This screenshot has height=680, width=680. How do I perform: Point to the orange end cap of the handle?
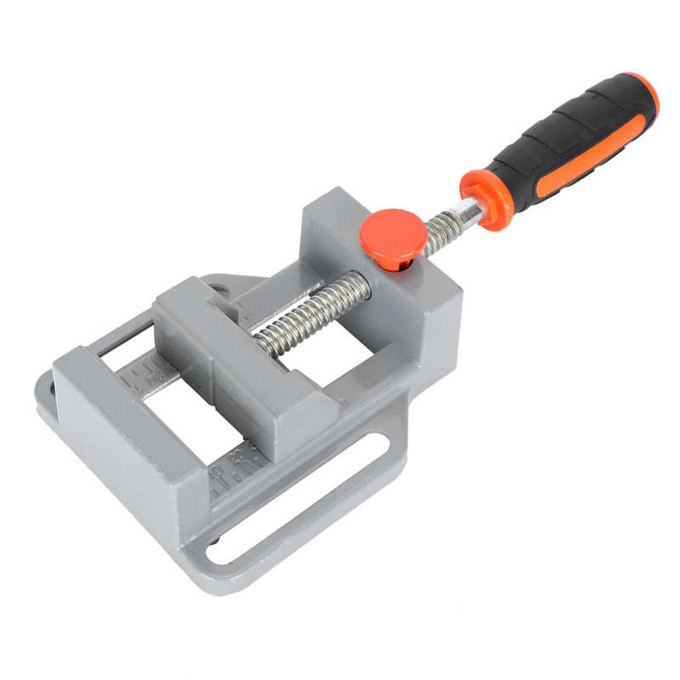pyautogui.click(x=647, y=92)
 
